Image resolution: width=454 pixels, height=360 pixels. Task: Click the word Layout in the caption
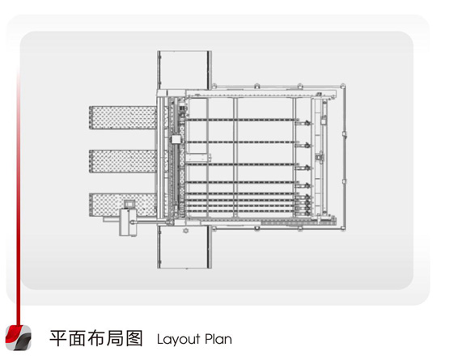point(178,339)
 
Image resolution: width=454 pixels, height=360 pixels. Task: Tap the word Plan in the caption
point(219,339)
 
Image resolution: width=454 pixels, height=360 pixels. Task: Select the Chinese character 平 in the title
point(58,338)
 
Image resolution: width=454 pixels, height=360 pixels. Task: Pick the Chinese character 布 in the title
point(96,338)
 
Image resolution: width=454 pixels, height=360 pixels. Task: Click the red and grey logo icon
point(19,337)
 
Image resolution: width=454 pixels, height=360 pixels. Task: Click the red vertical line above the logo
point(19,197)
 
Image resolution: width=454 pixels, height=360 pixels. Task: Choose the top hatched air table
point(123,117)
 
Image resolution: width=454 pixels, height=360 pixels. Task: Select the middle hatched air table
point(123,161)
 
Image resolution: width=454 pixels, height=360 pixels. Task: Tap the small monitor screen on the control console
point(129,204)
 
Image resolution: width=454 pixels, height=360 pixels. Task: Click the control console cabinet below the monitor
point(128,222)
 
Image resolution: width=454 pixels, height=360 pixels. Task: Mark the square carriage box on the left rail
point(176,139)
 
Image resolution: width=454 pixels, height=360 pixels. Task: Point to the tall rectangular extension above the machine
point(185,70)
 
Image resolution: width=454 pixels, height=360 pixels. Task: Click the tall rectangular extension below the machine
point(185,247)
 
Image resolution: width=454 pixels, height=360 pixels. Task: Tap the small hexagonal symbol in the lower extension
point(185,231)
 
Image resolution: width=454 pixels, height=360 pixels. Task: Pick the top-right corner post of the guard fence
point(343,86)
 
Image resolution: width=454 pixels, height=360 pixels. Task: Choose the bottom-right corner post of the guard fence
point(343,228)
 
